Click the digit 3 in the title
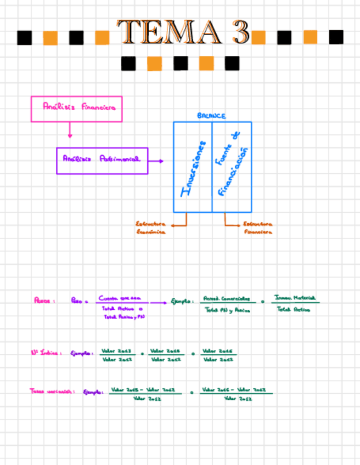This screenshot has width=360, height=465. (240, 32)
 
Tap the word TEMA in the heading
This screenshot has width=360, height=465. (170, 32)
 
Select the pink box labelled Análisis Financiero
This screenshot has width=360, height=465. (76, 109)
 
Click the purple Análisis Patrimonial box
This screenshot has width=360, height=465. (102, 161)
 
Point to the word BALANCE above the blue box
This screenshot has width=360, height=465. (211, 116)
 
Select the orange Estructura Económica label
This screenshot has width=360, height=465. (150, 228)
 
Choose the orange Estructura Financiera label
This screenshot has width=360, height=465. (258, 228)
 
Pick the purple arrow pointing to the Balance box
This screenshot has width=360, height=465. (156, 161)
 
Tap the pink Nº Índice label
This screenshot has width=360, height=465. (45, 353)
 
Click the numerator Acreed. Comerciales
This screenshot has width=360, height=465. (226, 299)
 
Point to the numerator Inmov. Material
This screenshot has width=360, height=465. (295, 297)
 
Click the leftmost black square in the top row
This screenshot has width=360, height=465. (24, 37)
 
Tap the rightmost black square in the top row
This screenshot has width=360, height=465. (336, 37)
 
